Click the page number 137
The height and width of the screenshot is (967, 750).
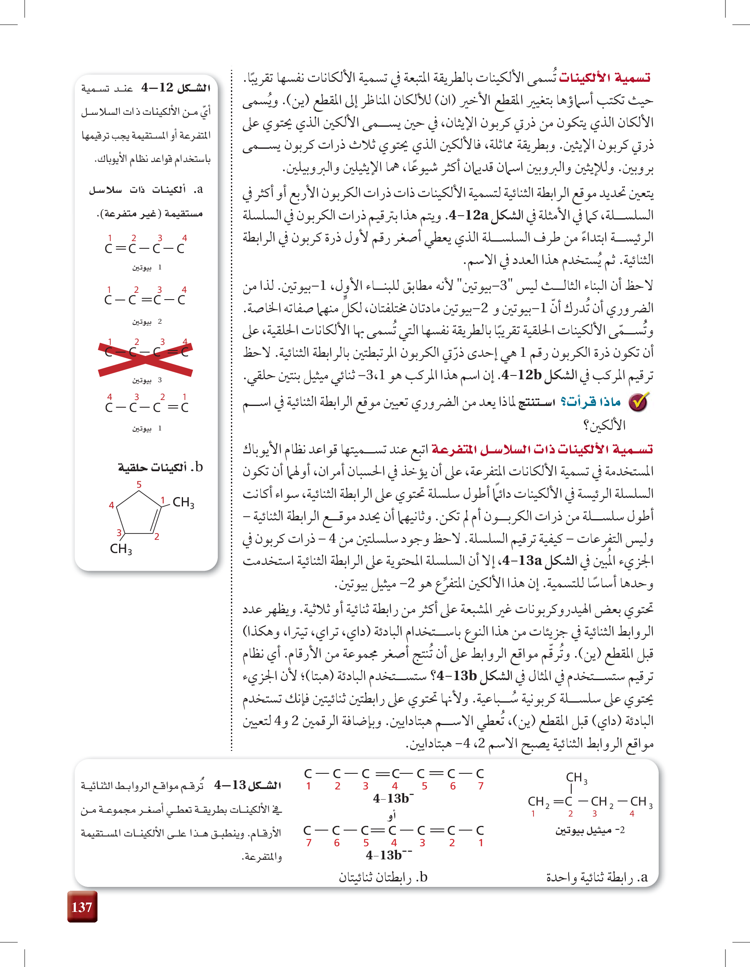pyautogui.click(x=82, y=907)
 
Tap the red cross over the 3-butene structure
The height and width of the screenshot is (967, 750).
pyautogui.click(x=145, y=358)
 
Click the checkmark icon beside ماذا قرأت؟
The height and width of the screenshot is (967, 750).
pyautogui.click(x=639, y=402)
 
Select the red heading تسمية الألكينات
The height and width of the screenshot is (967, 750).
pyautogui.click(x=604, y=78)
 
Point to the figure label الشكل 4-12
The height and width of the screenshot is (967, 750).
pyautogui.click(x=176, y=88)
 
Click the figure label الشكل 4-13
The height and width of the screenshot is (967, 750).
pyautogui.click(x=247, y=786)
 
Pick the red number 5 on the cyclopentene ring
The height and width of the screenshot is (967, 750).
pyautogui.click(x=139, y=484)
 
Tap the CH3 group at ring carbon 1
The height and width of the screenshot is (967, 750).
pyautogui.click(x=183, y=503)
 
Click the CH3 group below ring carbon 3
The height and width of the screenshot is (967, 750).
pyautogui.click(x=121, y=549)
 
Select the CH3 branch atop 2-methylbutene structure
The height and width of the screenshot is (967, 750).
pyautogui.click(x=576, y=778)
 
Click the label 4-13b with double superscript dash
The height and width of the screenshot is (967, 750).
pyautogui.click(x=389, y=855)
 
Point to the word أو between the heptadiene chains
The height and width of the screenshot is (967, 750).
pyautogui.click(x=392, y=815)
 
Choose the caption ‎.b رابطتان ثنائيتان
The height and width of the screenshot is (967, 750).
pyautogui.click(x=383, y=877)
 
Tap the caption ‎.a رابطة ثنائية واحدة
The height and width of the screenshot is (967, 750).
pyautogui.click(x=597, y=877)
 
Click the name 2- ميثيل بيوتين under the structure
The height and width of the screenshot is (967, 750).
pyautogui.click(x=590, y=830)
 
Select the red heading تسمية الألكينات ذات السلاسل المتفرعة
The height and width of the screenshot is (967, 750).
pyautogui.click(x=542, y=450)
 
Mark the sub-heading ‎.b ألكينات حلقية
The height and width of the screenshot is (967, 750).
pyautogui.click(x=160, y=467)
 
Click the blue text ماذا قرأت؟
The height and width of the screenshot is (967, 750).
pyautogui.click(x=591, y=402)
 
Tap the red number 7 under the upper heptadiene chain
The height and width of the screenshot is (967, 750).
pyautogui.click(x=481, y=786)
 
